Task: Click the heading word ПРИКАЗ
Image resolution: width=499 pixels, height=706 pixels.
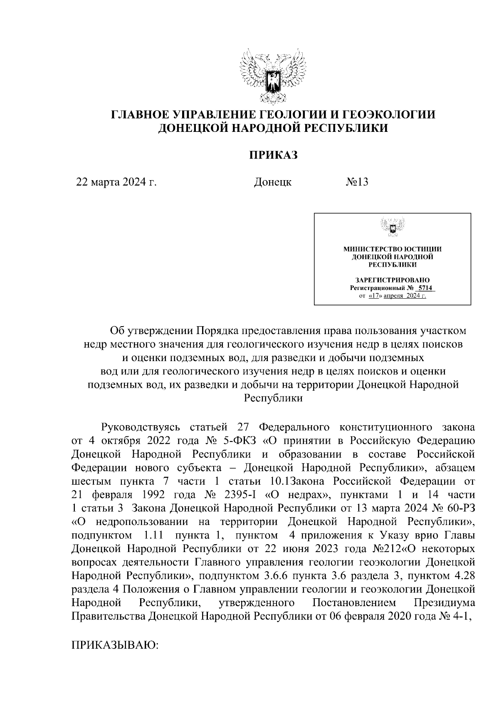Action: [x=274, y=155]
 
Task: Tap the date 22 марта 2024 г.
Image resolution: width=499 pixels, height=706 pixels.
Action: [x=116, y=182]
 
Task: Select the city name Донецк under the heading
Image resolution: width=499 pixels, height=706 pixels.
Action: [x=272, y=182]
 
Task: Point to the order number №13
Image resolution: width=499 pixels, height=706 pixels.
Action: [x=357, y=182]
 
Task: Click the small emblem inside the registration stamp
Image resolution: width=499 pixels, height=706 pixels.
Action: [x=392, y=228]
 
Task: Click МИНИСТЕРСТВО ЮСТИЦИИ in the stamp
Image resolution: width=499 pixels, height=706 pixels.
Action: [x=392, y=249]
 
